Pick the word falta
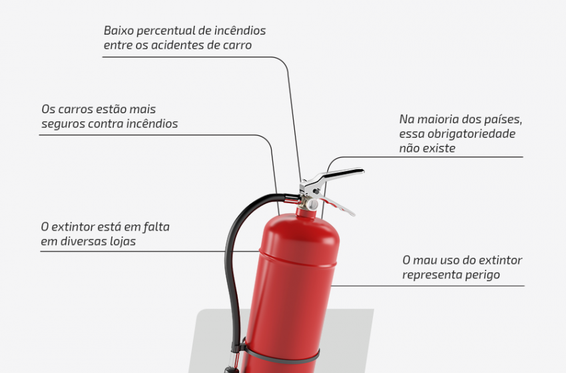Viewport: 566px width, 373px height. coord(156,226)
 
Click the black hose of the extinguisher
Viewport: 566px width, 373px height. coord(234,260)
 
